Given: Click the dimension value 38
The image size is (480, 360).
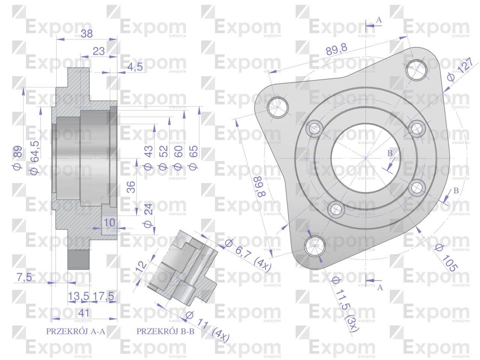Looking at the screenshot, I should [x=87, y=34].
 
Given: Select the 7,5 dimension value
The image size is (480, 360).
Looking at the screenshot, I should [x=24, y=277].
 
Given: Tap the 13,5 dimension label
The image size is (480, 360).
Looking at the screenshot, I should [x=78, y=296].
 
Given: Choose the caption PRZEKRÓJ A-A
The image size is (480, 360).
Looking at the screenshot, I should [x=76, y=331].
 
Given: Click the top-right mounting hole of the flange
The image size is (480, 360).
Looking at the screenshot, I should [x=417, y=69].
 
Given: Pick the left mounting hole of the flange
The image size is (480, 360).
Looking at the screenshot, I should [x=278, y=106].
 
